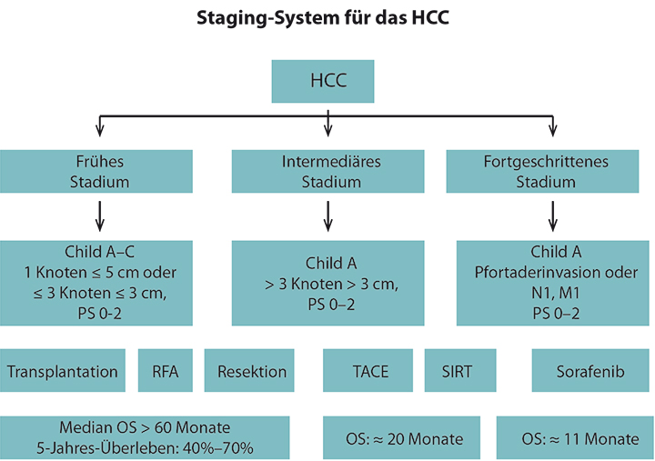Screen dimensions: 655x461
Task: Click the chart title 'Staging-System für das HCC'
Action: tap(322, 18)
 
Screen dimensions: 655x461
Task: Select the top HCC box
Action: tap(323, 81)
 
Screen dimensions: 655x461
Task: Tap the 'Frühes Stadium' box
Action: tap(96, 171)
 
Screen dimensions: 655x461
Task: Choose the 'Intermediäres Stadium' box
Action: tap(327, 171)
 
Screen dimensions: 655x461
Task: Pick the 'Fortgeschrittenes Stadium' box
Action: tap(542, 171)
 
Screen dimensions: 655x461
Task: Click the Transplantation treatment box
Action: tap(63, 370)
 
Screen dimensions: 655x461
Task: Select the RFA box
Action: tap(166, 370)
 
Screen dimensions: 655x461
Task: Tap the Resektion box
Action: tap(249, 370)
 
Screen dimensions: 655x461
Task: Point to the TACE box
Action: tap(368, 370)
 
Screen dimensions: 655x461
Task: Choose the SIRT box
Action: tap(460, 370)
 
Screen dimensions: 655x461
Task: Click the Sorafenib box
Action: tap(590, 370)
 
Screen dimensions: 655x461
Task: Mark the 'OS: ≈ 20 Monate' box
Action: tap(401, 437)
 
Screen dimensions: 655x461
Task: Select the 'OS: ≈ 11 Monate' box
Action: tap(575, 437)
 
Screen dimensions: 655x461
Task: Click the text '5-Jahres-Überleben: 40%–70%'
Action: tap(145, 448)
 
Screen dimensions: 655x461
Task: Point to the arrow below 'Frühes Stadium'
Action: tap(99, 216)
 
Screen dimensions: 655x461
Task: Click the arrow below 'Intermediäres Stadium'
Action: tap(327, 216)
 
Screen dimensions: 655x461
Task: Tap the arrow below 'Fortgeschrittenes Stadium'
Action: tap(553, 216)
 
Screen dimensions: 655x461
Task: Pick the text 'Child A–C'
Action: tap(99, 252)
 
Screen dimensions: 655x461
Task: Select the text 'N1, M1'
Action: tap(556, 293)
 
